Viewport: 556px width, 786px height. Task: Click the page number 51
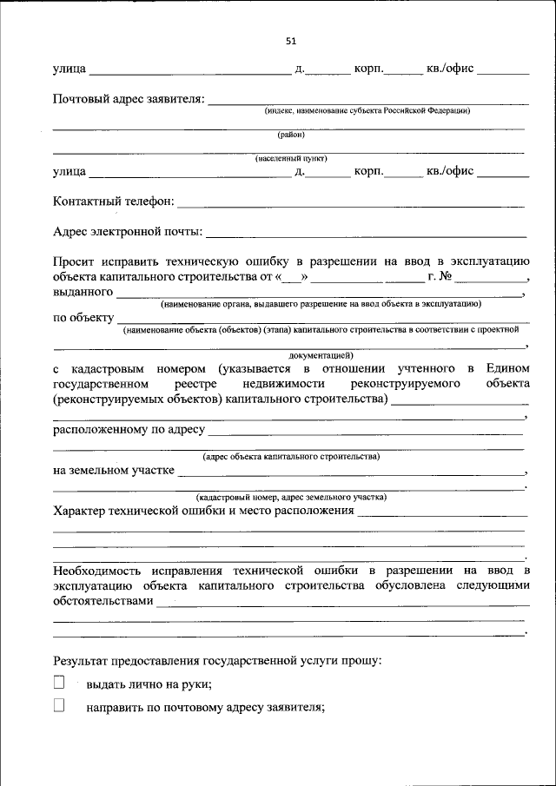tap(291, 40)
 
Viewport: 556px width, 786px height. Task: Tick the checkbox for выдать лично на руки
tap(59, 683)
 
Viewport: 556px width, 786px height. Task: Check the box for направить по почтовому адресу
tap(59, 706)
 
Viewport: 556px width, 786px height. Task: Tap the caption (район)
tap(291, 135)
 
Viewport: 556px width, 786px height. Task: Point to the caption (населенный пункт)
tap(291, 160)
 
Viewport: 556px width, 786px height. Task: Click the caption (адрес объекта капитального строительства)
tap(291, 456)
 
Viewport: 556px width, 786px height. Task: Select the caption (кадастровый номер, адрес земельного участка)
tap(291, 497)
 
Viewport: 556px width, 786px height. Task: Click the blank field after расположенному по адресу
tap(365, 431)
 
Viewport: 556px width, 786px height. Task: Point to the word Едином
tap(508, 369)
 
